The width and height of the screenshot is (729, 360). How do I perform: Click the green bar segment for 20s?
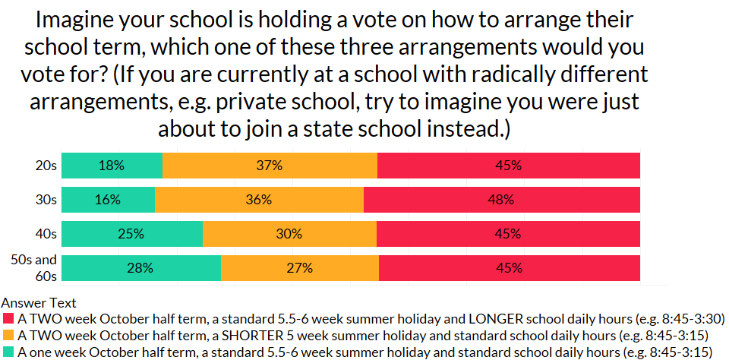click(x=112, y=166)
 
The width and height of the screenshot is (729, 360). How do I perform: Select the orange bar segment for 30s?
click(x=259, y=200)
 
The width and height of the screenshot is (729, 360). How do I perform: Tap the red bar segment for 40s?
click(x=508, y=234)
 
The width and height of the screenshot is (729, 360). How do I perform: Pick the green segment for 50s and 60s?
click(x=140, y=267)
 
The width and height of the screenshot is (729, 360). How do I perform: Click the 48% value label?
click(x=501, y=200)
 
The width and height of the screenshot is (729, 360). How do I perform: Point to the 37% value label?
click(x=270, y=166)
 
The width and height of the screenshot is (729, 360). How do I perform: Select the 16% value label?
click(x=109, y=200)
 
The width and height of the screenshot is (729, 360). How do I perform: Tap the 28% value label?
click(x=140, y=267)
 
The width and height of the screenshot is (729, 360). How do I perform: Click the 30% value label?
click(x=289, y=234)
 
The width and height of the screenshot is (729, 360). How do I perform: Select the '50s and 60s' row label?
click(x=34, y=267)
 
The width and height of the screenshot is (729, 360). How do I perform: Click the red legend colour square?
click(x=8, y=317)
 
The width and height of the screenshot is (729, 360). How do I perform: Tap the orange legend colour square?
click(x=8, y=335)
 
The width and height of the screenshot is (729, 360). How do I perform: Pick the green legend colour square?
click(x=8, y=352)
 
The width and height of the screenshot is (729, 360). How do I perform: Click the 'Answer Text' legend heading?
click(x=39, y=303)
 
